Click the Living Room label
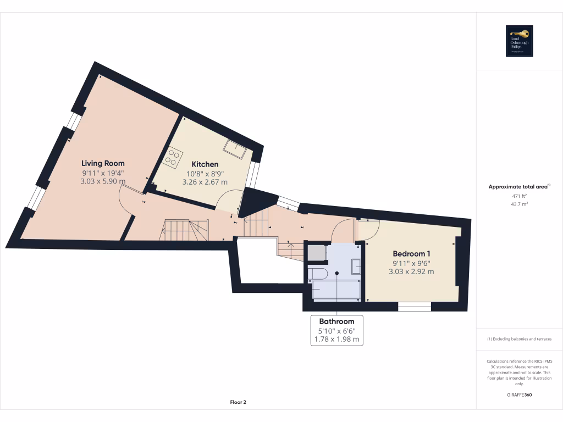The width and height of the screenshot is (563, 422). [x=103, y=163]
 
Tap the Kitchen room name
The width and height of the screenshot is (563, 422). [x=205, y=164]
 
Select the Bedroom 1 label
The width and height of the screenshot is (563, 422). [x=411, y=253]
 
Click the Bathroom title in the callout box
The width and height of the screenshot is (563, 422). [x=336, y=321]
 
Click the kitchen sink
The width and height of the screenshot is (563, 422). [x=234, y=148]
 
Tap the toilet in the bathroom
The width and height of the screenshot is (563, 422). [x=318, y=273]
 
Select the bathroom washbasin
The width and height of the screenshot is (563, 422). [x=356, y=266]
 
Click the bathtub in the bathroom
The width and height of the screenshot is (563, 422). [x=336, y=289]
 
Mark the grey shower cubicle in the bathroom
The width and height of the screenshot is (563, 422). [x=317, y=253]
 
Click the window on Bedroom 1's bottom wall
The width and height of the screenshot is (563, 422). [x=415, y=307]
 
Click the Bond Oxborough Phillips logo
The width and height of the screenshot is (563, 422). [x=520, y=41]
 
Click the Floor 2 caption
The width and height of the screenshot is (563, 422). [x=238, y=402]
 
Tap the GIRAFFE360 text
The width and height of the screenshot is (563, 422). [x=520, y=395]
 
